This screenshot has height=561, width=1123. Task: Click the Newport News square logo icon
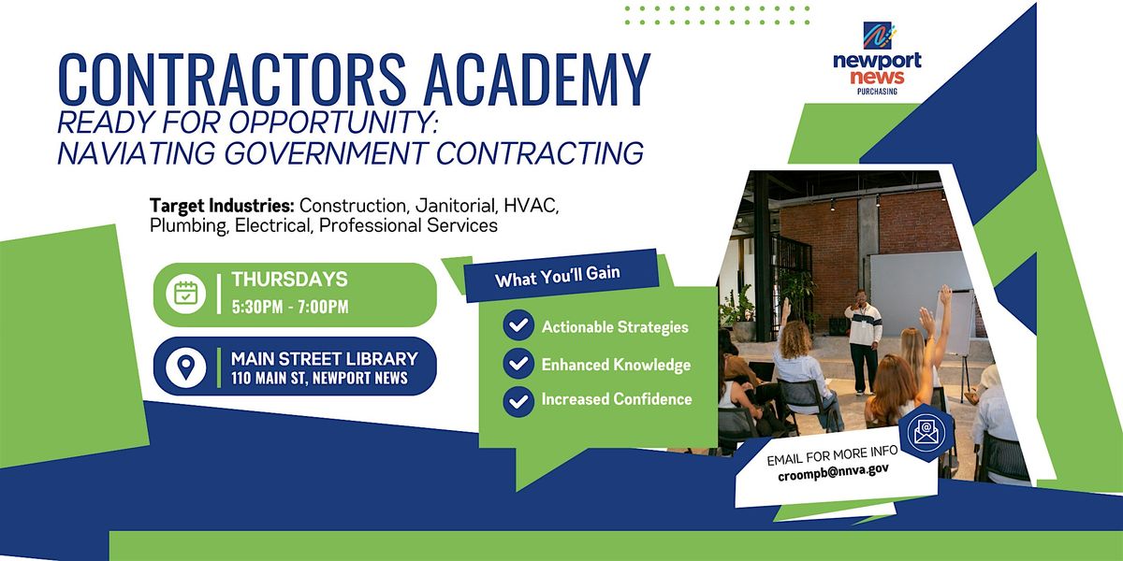tap(878, 36)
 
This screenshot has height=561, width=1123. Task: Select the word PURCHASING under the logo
tap(878, 92)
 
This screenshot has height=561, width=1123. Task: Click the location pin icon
tap(184, 367)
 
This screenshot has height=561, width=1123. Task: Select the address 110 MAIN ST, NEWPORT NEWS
tap(319, 379)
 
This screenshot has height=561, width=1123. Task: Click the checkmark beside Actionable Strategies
tap(518, 326)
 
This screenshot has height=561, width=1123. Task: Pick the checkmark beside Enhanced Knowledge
tap(518, 364)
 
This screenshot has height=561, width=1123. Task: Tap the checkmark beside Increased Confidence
tap(518, 400)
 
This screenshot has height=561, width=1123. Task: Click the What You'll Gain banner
tap(558, 279)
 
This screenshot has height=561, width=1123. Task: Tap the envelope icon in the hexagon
tap(925, 430)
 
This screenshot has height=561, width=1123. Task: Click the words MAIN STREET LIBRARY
tap(324, 358)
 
